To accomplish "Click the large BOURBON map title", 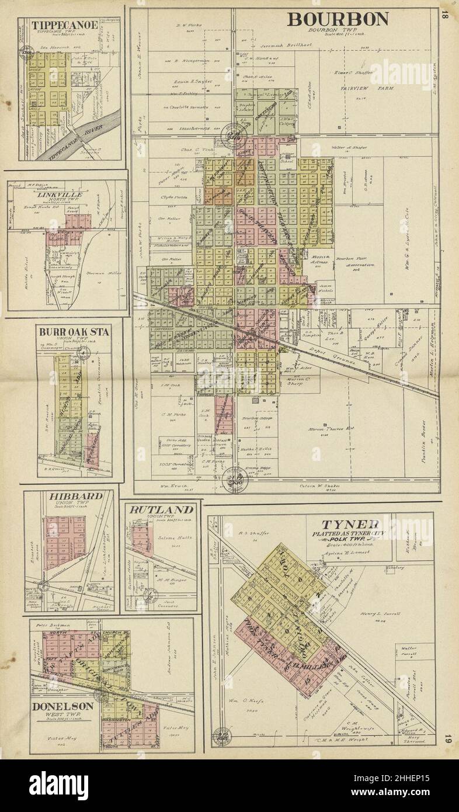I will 337,19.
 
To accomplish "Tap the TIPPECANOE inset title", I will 57,25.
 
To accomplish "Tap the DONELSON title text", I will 62,706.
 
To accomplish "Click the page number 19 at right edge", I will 447,738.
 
